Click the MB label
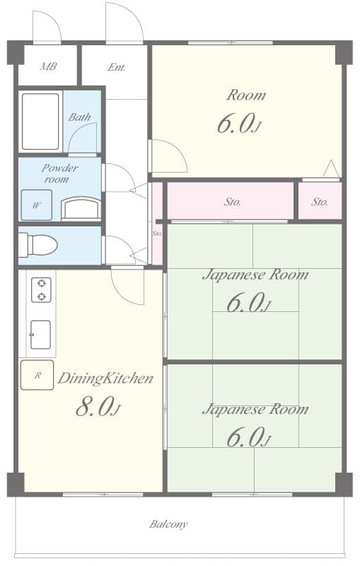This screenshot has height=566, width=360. coord(48,67)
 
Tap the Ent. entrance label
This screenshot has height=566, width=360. coord(117,68)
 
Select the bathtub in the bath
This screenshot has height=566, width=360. coord(40,121)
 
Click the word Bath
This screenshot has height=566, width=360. coord(79,117)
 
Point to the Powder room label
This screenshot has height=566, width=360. coord(59,173)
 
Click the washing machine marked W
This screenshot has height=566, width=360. coord(36,205)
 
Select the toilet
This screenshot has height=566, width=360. coord(38,245)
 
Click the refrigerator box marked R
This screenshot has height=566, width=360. coord(37,375)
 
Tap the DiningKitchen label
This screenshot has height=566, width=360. coord(105,379)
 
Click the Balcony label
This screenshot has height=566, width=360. coord(168,524)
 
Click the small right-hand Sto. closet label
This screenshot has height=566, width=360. coord(320,202)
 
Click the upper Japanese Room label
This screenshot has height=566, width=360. coord(255,275)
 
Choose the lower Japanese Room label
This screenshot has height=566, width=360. coord(255,409)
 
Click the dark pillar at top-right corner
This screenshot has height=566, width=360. coord(344,52)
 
